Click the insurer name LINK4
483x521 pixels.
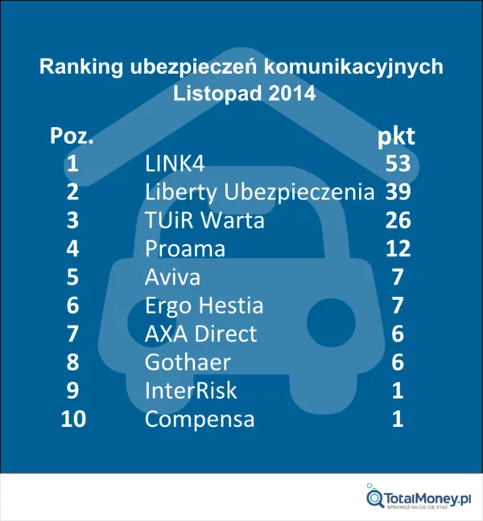175,164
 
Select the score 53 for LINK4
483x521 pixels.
398,164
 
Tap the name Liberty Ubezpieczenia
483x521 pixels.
259,192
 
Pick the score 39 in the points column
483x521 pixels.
398,192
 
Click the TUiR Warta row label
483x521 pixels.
204,220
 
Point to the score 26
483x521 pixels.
398,220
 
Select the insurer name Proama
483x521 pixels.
185,249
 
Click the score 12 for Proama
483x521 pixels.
398,249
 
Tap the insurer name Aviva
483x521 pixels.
172,277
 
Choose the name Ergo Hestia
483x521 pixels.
204,306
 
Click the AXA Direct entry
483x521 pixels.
200,334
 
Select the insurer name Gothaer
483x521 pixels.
187,363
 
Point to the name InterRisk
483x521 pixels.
190,391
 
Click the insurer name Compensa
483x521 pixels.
200,419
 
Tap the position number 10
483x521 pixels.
73,419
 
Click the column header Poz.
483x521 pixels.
72,136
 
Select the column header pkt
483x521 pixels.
397,136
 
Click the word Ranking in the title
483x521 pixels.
81,67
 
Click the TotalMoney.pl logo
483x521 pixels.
419,498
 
